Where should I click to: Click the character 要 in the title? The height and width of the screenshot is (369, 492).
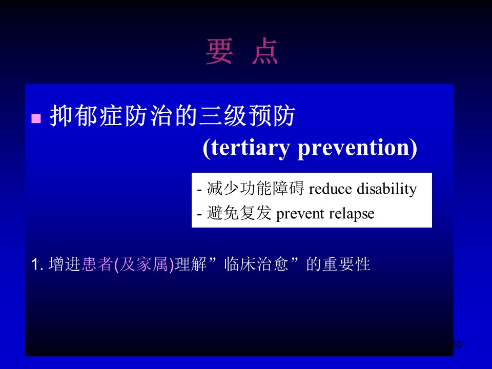220,51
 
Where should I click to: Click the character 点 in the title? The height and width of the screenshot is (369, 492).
265,51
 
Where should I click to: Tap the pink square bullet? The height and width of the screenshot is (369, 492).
36,118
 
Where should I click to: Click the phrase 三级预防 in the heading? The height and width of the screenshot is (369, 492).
247,116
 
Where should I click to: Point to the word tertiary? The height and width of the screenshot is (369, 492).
250,148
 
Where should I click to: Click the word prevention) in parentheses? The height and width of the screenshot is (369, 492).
357,148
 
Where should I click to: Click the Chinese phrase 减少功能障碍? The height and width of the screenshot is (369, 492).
256,188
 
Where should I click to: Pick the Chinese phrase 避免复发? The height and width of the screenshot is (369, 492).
239,213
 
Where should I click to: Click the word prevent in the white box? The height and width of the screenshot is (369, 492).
300,214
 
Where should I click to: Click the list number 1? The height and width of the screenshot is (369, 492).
37,264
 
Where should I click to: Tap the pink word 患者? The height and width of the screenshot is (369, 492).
97,264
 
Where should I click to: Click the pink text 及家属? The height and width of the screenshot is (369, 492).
143,264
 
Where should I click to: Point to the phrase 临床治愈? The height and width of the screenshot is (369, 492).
256,264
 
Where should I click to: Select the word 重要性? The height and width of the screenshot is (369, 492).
347,264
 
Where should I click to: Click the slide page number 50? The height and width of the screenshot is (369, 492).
457,344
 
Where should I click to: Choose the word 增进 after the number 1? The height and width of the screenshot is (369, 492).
65,264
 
